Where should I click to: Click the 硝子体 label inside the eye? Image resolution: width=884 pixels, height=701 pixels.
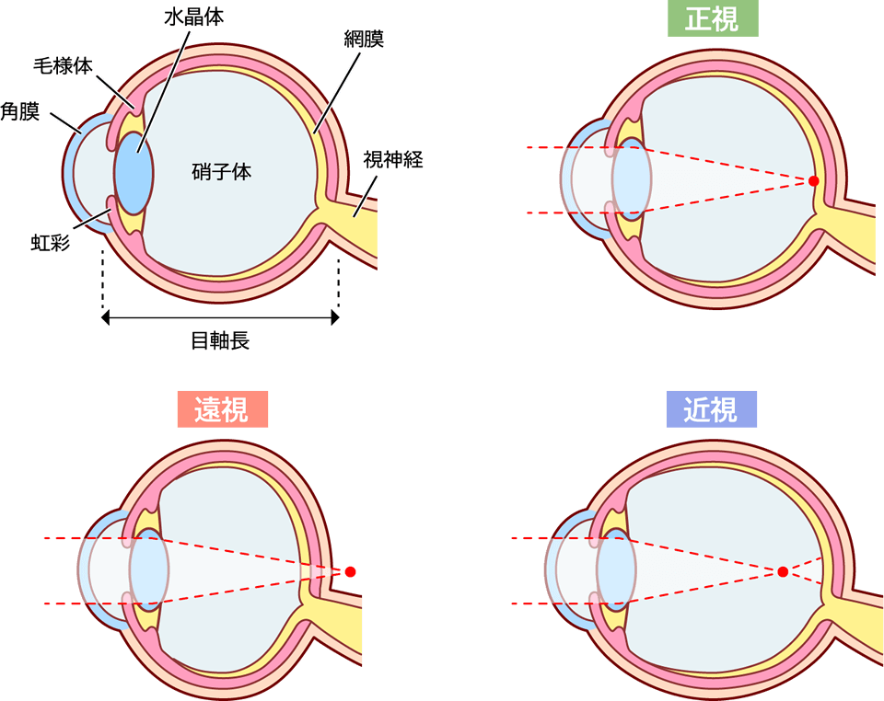coord(222,171)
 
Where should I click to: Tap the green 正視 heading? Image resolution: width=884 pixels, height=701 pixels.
coord(713,18)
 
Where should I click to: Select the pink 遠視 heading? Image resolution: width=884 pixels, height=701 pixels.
coord(222,409)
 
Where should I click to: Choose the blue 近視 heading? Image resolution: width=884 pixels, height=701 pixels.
coord(711,409)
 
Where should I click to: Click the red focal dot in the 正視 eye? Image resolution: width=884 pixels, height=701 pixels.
coord(813,181)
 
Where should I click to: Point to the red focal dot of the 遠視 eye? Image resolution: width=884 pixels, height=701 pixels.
coord(350,571)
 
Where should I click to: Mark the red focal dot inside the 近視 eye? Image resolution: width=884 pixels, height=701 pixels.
coord(782,571)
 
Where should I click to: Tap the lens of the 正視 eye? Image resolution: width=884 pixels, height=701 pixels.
coord(631,179)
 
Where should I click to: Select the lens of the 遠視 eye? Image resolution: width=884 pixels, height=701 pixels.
coord(147,570)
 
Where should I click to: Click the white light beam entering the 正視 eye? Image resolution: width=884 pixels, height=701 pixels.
coord(548,179)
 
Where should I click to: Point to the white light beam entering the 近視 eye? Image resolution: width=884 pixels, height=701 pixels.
coord(529,570)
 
